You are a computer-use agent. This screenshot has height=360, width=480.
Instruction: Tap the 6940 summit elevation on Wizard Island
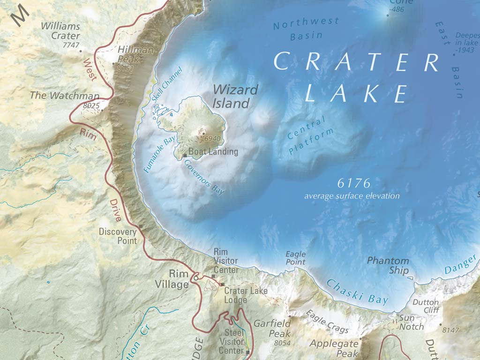212,139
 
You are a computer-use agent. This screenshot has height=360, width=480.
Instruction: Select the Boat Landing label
213,152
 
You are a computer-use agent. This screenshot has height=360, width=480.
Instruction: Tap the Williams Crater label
60,31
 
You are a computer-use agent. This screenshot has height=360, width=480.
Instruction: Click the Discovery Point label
118,236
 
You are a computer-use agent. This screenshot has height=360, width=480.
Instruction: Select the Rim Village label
172,279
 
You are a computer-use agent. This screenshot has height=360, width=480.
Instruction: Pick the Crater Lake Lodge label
245,296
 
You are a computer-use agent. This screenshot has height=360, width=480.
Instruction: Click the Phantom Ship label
388,265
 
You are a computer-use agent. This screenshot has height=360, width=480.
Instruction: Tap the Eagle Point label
295,258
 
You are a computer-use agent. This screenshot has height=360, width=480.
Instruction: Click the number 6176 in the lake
353,183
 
